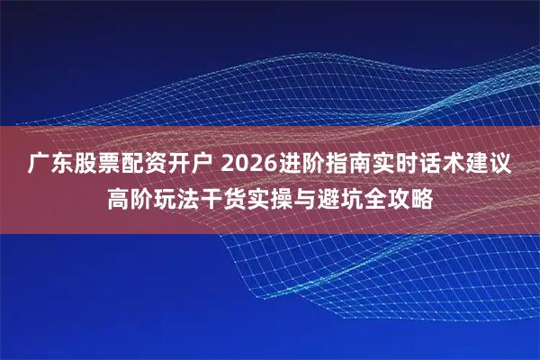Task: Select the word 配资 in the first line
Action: point(143,166)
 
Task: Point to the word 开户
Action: point(190,166)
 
